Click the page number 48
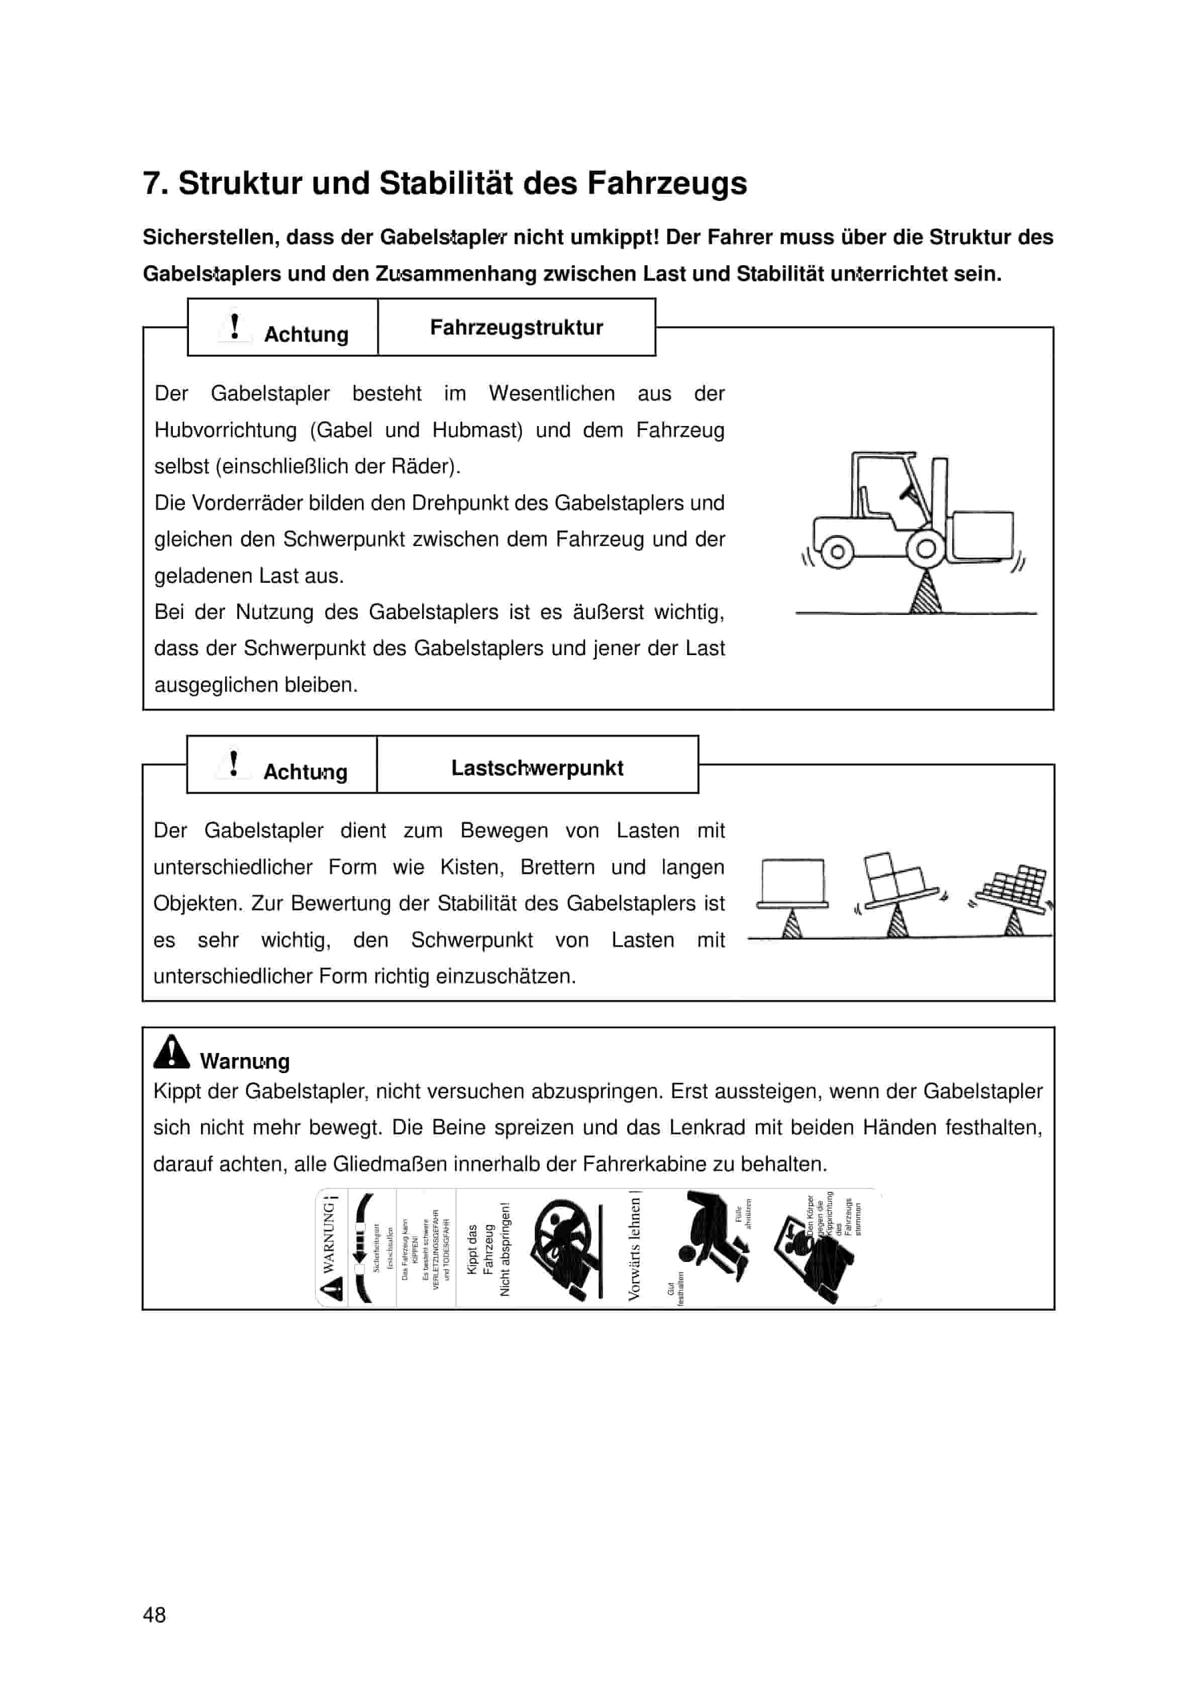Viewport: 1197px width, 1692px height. click(154, 1615)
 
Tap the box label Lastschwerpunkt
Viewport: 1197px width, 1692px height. click(537, 768)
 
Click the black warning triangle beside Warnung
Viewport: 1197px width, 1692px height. click(171, 1052)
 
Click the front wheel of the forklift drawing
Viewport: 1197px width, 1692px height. click(926, 548)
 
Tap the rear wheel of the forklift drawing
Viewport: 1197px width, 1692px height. click(837, 551)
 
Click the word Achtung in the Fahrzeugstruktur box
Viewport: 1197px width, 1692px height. click(306, 335)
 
